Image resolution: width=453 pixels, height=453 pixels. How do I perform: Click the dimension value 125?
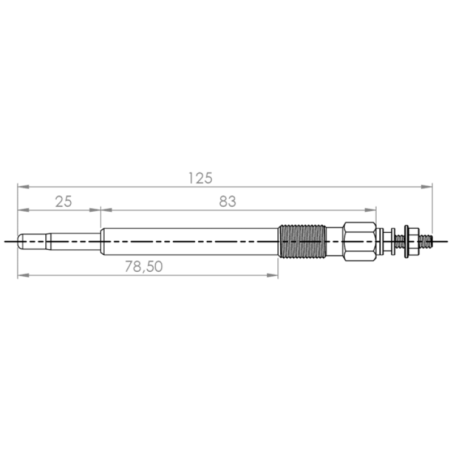click(200, 178)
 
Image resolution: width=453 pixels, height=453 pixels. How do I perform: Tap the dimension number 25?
click(63, 202)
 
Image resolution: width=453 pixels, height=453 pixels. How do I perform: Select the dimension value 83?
click(228, 202)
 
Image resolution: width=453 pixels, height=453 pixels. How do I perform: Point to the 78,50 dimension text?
click(144, 267)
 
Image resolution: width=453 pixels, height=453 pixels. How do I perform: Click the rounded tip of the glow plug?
click(20, 241)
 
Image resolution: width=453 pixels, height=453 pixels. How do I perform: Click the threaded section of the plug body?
click(302, 242)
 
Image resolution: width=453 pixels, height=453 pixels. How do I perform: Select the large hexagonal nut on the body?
click(360, 242)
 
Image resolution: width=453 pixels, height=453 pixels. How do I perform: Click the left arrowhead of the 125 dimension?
click(23, 187)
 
